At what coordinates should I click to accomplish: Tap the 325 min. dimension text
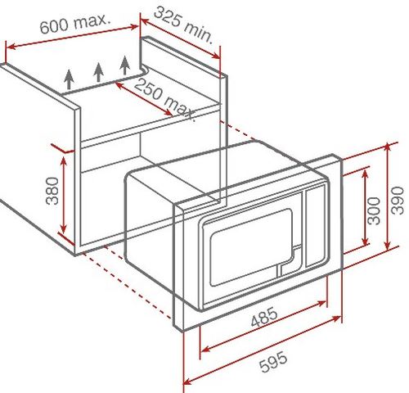pyautogui.click(x=183, y=25)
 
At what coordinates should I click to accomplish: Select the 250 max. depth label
pyautogui.click(x=165, y=99)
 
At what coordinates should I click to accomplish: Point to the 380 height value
pyautogui.click(x=52, y=191)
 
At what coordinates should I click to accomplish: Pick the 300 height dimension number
pyautogui.click(x=373, y=210)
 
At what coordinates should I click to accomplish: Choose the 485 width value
pyautogui.click(x=264, y=317)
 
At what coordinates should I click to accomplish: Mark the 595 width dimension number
pyautogui.click(x=273, y=362)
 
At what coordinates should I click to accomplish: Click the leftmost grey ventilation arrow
pyautogui.click(x=69, y=79)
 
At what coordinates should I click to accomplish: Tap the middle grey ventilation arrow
pyautogui.click(x=98, y=72)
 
